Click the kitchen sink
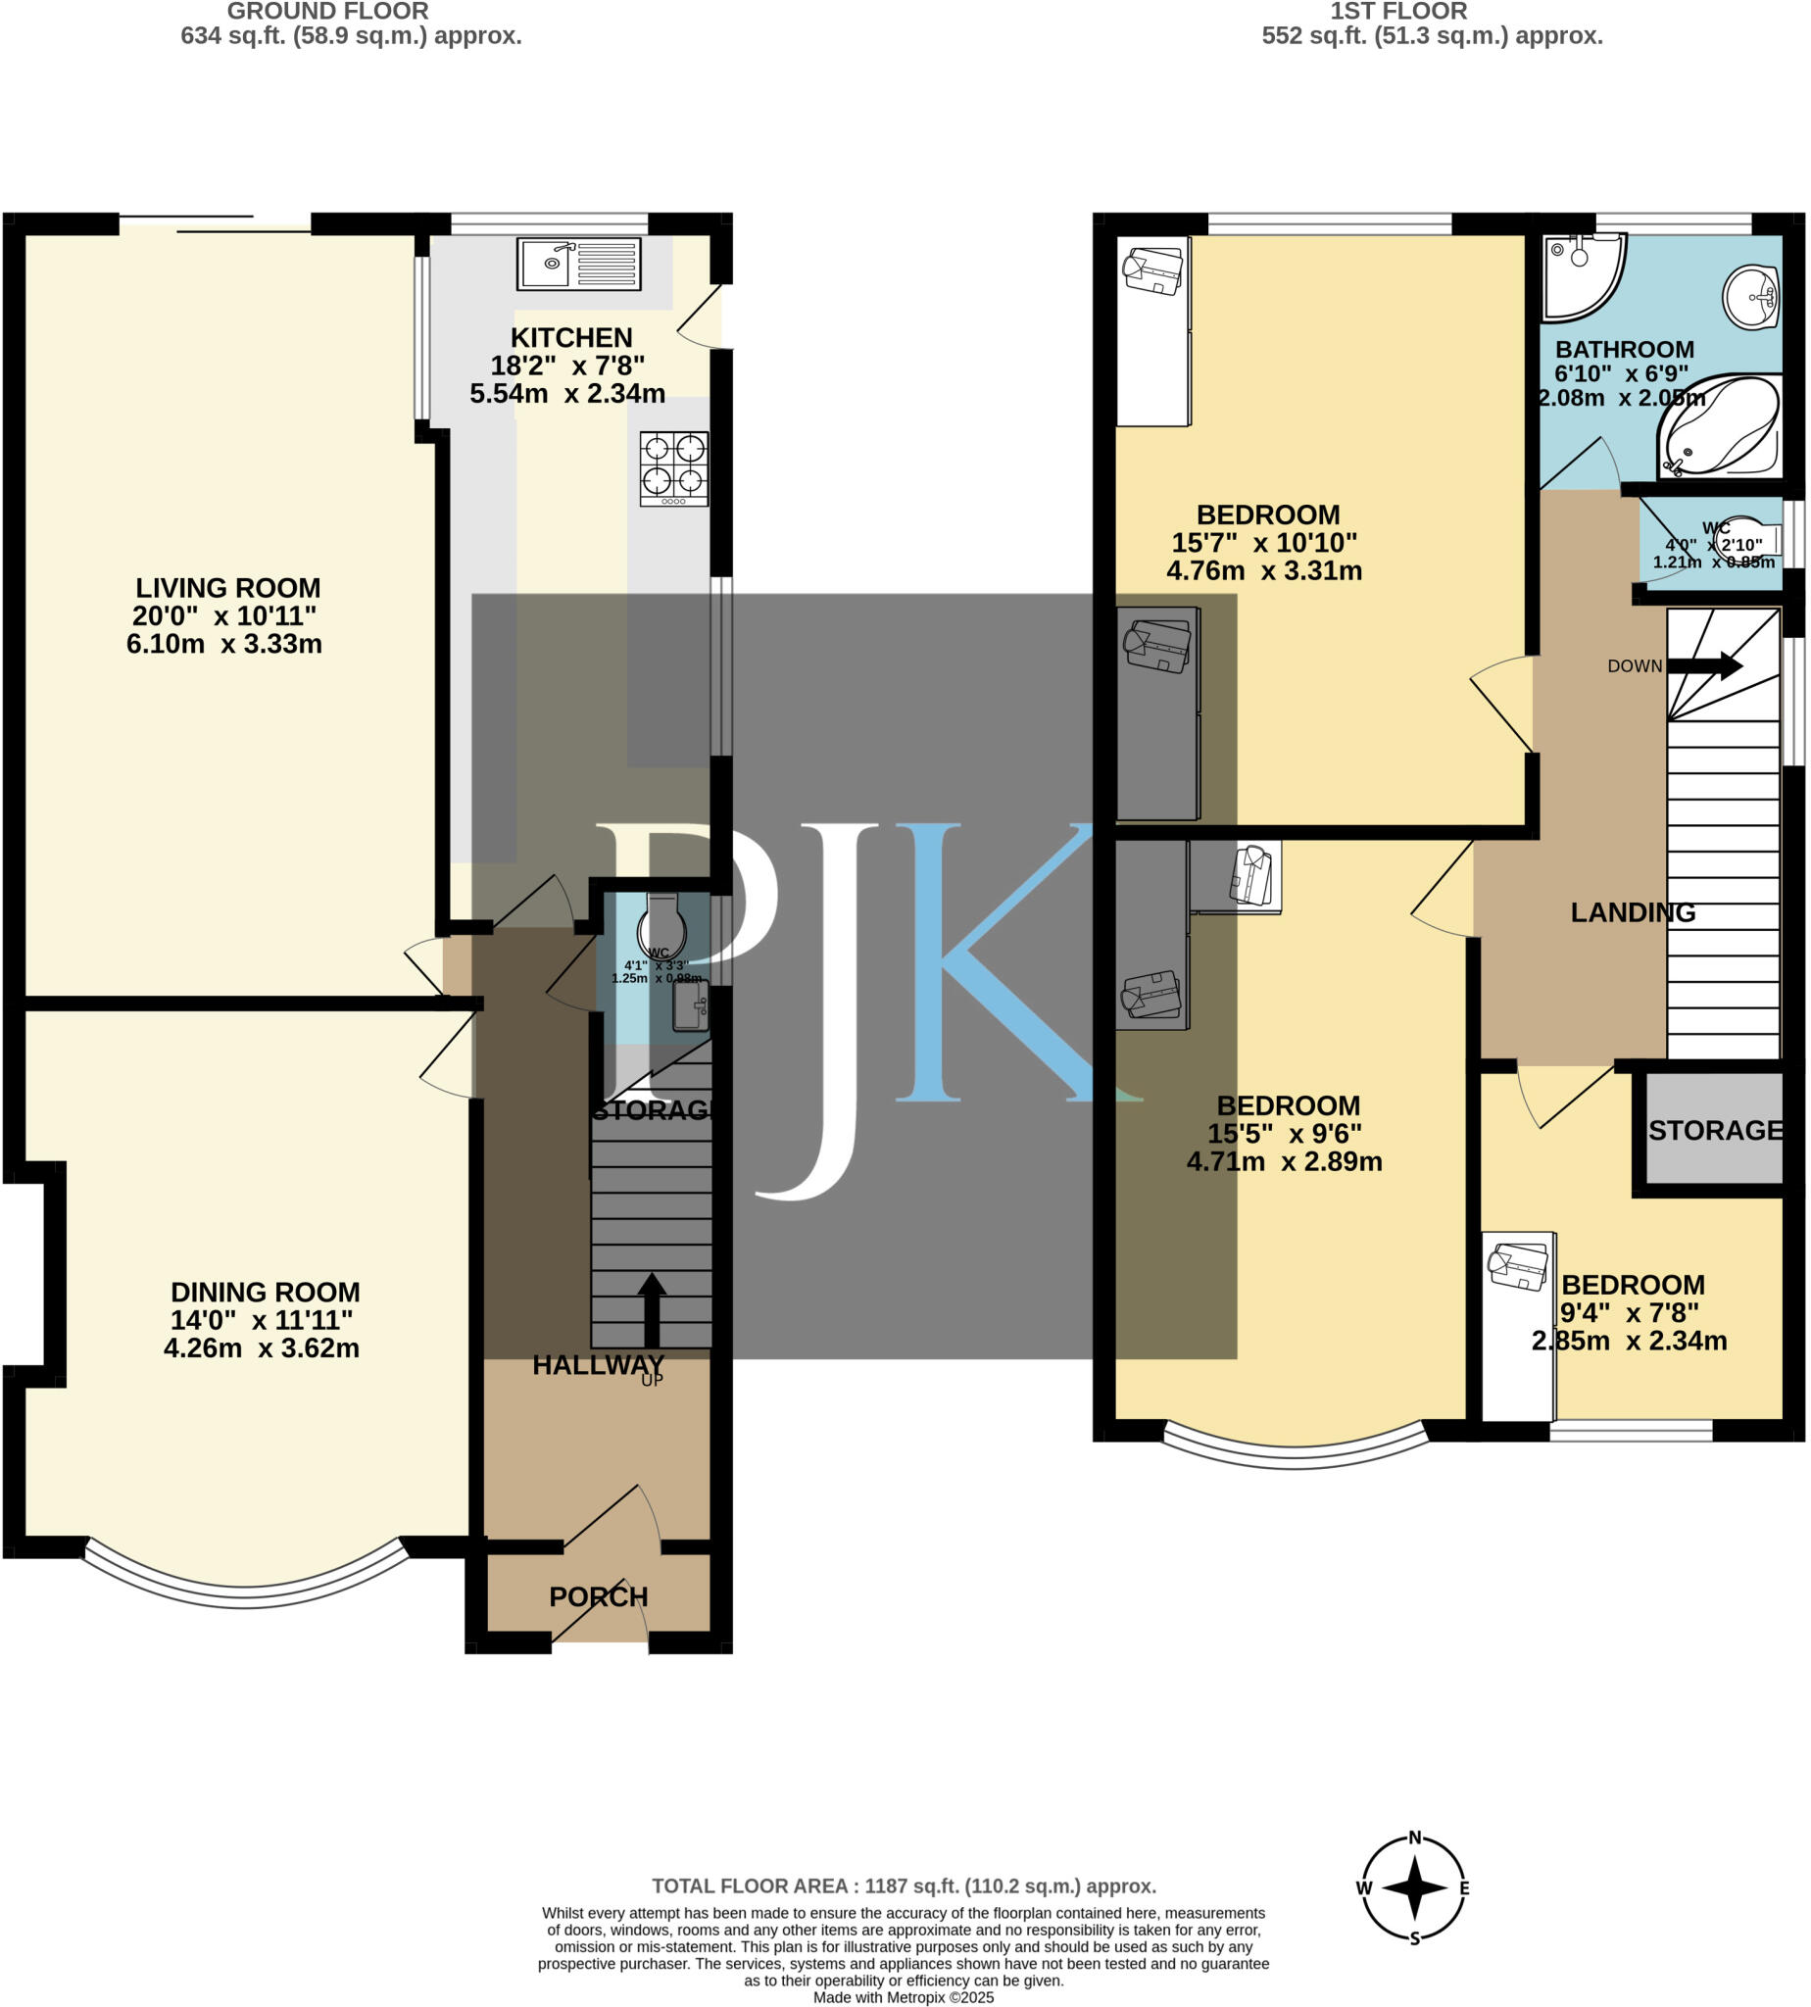pos(578,264)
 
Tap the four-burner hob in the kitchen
pos(673,467)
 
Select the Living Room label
pos(228,588)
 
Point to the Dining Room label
pos(265,1293)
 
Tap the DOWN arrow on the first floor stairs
pos(1703,665)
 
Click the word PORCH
pos(598,1597)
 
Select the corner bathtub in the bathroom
pos(1719,429)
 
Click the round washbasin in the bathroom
pos(1751,297)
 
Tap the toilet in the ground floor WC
pos(661,927)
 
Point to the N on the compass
pos(1414,1838)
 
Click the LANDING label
pos(1633,912)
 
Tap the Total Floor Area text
pos(904,1886)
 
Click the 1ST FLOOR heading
pos(1398,12)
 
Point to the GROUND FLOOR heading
pos(327,12)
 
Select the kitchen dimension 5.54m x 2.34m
pos(567,394)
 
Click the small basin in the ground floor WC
pos(690,1008)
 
